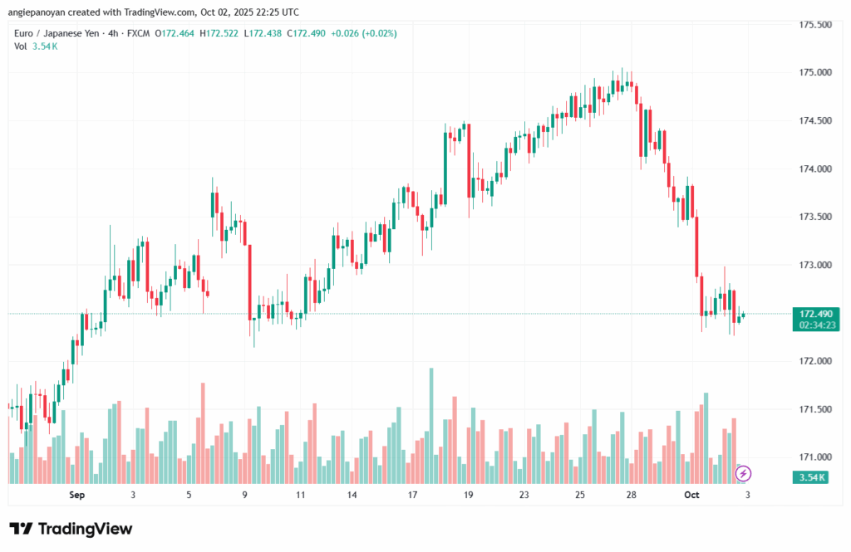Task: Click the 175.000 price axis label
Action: (815, 73)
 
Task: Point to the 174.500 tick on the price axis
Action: (815, 121)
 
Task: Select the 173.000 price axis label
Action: (815, 266)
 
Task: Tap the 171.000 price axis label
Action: (815, 457)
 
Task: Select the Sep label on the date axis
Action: (76, 496)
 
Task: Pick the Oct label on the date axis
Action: (692, 496)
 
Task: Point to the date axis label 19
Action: (469, 496)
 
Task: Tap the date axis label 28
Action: (632, 496)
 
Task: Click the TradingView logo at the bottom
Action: (71, 529)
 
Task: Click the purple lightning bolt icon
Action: (744, 473)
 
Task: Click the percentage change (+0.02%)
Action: (377, 33)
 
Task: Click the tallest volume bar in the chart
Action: (431, 425)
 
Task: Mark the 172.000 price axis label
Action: (815, 362)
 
